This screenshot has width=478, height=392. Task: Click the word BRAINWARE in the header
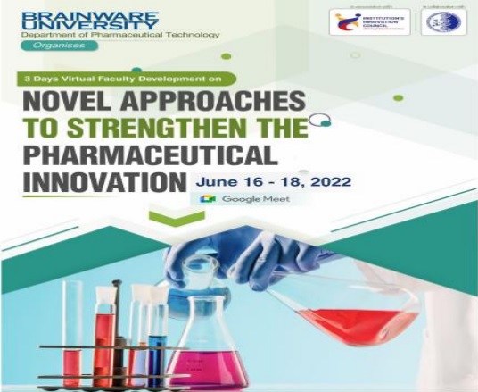tap(57, 13)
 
